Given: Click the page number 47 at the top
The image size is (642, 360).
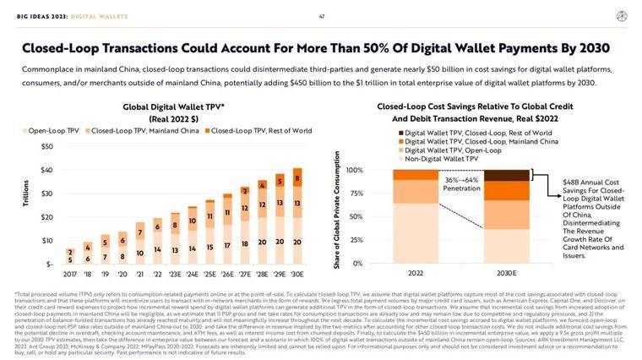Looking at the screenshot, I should tap(321, 16).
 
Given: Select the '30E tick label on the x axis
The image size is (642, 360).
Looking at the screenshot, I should tap(297, 275).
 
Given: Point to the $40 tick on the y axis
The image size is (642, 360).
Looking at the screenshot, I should tap(47, 171).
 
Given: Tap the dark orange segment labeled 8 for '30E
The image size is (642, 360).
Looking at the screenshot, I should tap(297, 178).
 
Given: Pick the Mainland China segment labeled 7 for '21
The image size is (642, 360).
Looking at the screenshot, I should tap(140, 232).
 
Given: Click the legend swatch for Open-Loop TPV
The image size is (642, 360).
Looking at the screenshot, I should tap(24, 131).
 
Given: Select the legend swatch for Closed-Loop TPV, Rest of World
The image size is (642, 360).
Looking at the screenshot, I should tap(206, 131).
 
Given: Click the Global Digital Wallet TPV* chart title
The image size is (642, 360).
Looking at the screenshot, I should tap(173, 108).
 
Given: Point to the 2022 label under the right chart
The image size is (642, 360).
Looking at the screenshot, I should tap(416, 274).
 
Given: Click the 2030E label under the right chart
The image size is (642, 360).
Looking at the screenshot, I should tap(506, 274).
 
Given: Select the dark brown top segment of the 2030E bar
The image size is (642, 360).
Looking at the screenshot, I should tap(506, 175).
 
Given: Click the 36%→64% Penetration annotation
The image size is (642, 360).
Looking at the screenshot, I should tap(460, 184).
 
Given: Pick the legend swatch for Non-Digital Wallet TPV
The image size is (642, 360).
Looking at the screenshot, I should tap(400, 159).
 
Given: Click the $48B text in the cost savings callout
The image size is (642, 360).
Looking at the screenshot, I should tap(571, 182).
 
